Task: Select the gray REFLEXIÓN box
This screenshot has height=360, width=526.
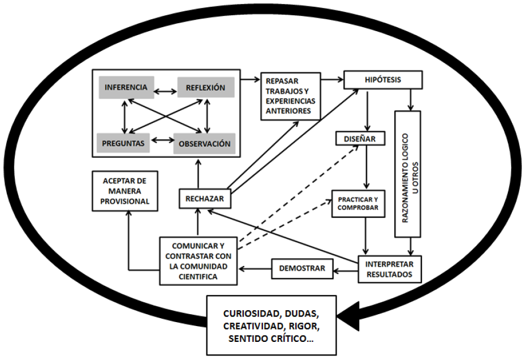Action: coord(205,88)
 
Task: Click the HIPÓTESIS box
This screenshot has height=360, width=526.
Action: coord(383,80)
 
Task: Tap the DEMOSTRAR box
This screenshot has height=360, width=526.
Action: coord(302,268)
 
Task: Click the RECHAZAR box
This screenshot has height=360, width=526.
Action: coord(205,199)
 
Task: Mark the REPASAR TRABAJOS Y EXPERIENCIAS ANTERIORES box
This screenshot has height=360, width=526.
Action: coord(290,96)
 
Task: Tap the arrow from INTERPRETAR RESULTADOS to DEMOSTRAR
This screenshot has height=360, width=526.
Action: coord(345,269)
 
